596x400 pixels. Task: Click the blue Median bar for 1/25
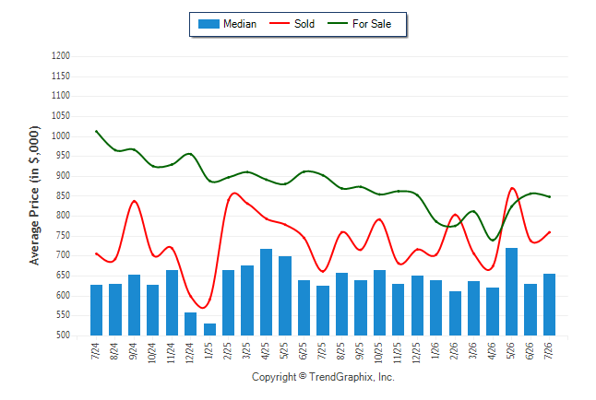(x=209, y=329)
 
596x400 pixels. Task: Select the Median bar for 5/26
(x=511, y=292)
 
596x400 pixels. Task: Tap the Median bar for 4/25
(x=266, y=292)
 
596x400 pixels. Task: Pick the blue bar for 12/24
(x=190, y=324)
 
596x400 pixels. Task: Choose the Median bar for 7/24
(x=96, y=310)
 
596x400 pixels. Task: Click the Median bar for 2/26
(x=455, y=313)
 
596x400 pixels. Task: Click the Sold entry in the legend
(x=292, y=24)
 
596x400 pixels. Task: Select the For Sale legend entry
(x=359, y=24)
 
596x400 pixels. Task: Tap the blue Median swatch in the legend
(x=209, y=24)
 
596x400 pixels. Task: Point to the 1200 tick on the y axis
(x=61, y=56)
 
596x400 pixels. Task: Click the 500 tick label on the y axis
(x=63, y=335)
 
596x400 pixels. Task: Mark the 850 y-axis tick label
(x=63, y=195)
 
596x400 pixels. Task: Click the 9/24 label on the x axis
(x=133, y=351)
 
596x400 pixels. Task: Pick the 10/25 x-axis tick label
(x=378, y=353)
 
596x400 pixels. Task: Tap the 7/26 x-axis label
(x=549, y=351)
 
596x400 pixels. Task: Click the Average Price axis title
(x=34, y=195)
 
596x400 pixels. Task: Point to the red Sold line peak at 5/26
(x=512, y=188)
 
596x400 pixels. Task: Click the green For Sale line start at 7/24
(x=96, y=131)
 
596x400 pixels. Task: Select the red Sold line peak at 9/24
(x=134, y=201)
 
